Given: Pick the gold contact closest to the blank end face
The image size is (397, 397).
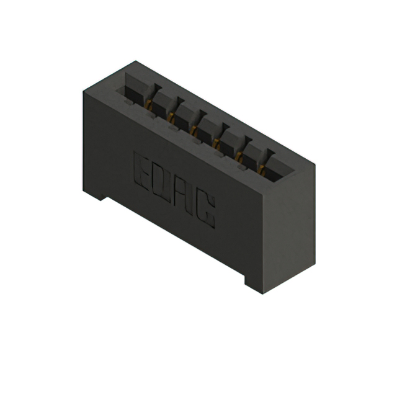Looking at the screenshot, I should pyautogui.click(x=261, y=167).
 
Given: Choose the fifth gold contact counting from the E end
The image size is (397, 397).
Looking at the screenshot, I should pyautogui.click(x=239, y=154).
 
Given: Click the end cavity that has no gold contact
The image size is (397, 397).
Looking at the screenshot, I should pyautogui.click(x=132, y=90).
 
